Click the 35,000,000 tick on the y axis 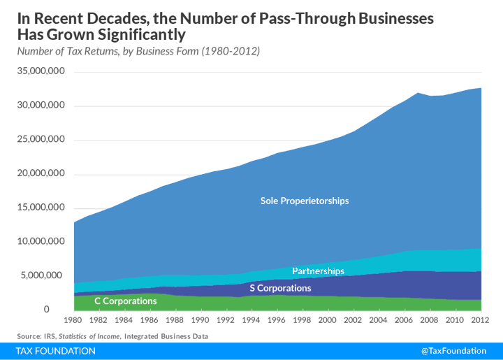point(41,71)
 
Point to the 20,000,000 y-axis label point(41,173)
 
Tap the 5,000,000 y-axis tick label point(44,275)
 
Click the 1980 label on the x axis point(73,320)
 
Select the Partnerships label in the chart point(318,271)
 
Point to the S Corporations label point(280,288)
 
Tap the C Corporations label point(126,301)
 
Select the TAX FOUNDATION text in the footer point(56,351)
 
